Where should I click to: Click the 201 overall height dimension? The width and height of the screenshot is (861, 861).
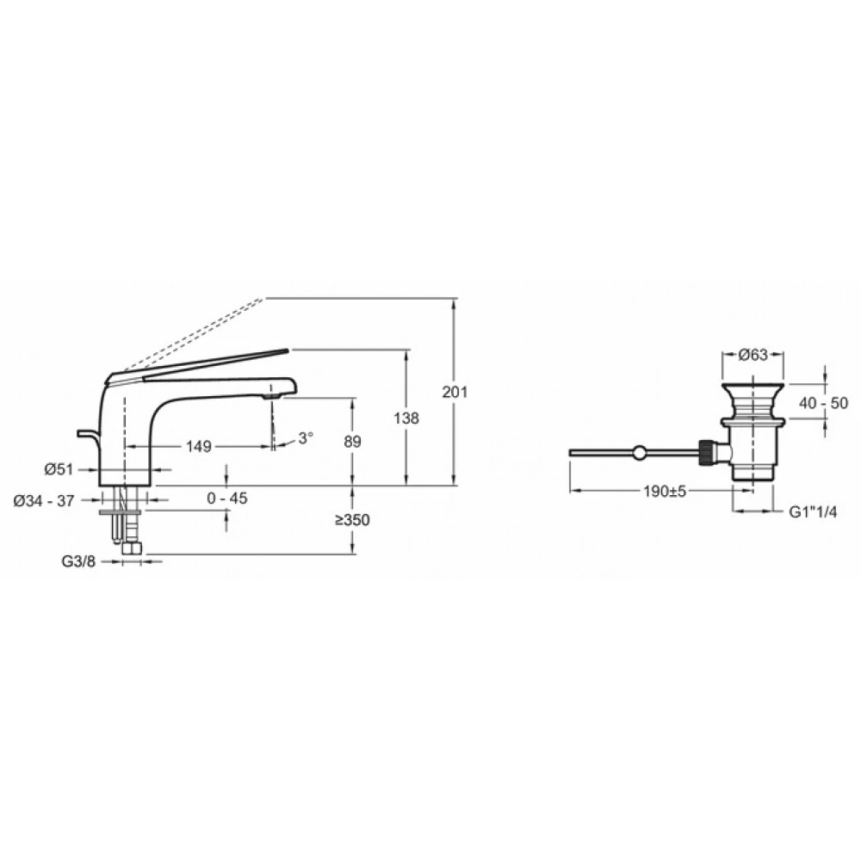click(455, 392)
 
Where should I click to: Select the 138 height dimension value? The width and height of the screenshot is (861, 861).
click(406, 418)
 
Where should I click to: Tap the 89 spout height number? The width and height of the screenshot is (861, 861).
click(352, 442)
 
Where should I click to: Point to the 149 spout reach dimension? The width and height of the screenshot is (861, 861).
click(198, 446)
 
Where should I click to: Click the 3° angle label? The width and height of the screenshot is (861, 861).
click(306, 437)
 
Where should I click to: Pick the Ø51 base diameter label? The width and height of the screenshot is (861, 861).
click(59, 470)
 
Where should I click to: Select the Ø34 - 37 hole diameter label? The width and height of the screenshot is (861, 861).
click(43, 500)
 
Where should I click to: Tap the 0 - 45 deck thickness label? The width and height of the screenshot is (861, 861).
click(227, 498)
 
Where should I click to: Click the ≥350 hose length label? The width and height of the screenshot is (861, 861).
click(352, 519)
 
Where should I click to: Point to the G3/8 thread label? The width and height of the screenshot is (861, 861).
click(78, 561)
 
